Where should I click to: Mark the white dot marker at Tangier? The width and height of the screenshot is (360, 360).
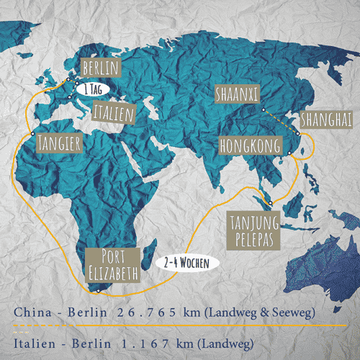[x=32, y=134]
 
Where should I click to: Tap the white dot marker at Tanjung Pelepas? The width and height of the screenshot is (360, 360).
[x=270, y=202]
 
